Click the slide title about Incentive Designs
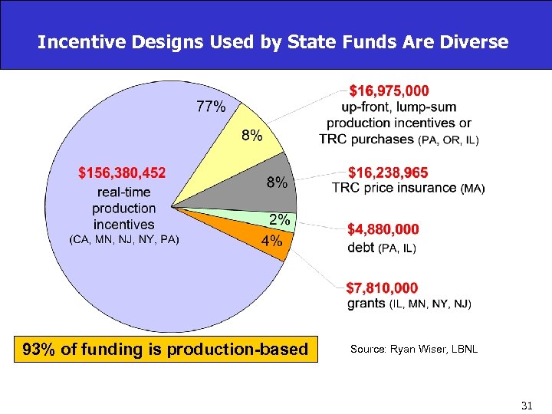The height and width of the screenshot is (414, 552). point(272,41)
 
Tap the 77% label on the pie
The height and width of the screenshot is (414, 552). point(211,107)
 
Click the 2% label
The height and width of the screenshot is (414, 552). point(279,220)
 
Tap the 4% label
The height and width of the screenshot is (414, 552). point(271,241)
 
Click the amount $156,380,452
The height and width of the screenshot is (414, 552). point(123,172)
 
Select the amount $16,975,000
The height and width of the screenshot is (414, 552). point(389,90)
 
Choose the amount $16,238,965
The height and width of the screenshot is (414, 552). point(389,172)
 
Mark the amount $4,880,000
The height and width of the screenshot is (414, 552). point(383,229)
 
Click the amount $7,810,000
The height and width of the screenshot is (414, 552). point(383,288)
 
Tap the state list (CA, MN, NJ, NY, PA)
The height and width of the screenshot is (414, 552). point(123,239)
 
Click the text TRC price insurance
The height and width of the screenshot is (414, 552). point(394,188)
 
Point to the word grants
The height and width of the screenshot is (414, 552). point(366,304)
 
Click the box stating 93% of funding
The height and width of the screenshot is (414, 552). point(166,350)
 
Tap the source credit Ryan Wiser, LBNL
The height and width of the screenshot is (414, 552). point(414,350)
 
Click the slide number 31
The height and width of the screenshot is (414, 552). point(526,404)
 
